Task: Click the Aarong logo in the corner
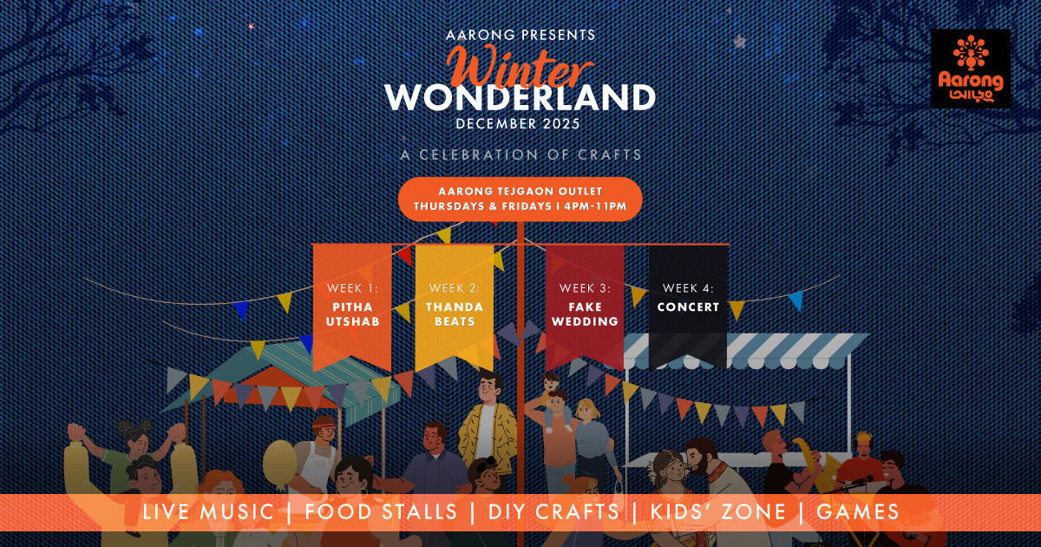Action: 971,69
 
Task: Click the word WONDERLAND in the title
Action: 520,97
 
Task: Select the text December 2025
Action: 518,123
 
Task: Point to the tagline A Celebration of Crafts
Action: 520,155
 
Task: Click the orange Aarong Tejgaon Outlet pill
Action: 520,199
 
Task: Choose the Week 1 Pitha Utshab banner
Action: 352,307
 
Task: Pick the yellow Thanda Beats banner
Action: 454,307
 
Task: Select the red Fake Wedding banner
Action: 585,307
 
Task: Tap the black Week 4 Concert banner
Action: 688,307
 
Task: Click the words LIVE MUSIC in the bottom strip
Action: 208,512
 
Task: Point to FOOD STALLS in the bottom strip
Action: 381,512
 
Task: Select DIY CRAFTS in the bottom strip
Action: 553,512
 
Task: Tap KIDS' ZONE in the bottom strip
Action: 717,512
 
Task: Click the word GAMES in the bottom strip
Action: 857,512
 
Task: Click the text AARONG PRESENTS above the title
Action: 520,35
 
